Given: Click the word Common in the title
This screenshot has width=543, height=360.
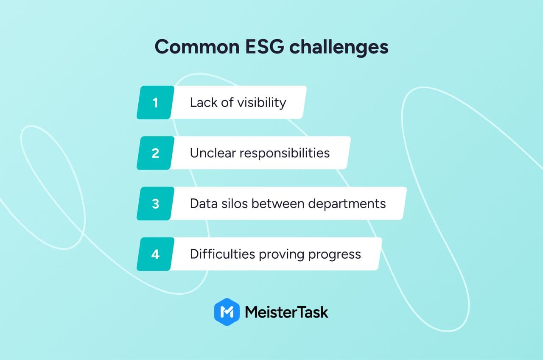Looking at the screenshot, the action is click(197, 47).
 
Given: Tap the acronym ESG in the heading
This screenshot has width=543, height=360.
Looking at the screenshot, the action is click(264, 47).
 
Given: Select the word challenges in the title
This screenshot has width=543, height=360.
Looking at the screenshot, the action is click(339, 47).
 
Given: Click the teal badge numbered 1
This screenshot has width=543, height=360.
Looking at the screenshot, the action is click(155, 102).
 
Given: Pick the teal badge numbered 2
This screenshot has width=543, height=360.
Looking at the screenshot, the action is click(155, 153).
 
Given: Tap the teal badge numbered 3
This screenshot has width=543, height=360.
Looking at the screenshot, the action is click(155, 204).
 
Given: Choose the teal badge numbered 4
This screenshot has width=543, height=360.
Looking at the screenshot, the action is click(155, 254).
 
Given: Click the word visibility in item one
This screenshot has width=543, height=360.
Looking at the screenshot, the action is click(262, 103).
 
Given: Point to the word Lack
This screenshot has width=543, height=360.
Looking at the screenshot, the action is click(204, 102).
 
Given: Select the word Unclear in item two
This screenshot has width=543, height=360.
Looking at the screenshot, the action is click(213, 153).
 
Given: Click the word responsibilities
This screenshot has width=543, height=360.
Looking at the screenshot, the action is click(285, 153).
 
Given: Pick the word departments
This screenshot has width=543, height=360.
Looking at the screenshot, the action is click(347, 204).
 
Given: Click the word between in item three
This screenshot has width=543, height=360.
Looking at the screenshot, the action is click(278, 204).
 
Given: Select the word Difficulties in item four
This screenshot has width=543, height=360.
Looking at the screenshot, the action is click(223, 254).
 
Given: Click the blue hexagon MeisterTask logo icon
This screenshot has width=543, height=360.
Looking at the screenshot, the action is click(227, 312).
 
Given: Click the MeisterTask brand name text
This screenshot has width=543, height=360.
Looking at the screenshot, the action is click(286, 312).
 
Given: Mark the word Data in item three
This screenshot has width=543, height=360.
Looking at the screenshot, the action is click(204, 204).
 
